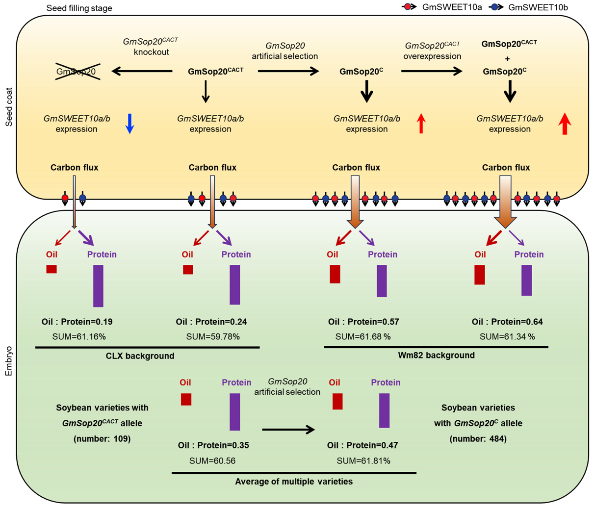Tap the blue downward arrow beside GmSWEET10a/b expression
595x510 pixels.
coord(129,124)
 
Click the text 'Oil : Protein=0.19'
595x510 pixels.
coord(77,322)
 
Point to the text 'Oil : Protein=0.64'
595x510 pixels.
coord(507,322)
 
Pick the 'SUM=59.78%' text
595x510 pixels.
coord(213,337)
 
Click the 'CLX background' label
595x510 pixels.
coord(140,356)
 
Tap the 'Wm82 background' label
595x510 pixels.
coord(436,356)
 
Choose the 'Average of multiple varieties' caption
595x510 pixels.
coord(294,482)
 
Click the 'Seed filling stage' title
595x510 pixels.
coord(79,8)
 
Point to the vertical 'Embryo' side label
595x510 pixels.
coord(9,362)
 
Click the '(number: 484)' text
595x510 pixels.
coord(478,439)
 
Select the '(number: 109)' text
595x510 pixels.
coord(102,439)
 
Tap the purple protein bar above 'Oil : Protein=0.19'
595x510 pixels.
coord(98,286)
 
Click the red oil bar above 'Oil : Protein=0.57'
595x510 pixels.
coord(335,274)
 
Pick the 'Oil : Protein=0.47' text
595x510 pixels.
coord(362,446)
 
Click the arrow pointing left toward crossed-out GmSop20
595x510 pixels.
coord(142,72)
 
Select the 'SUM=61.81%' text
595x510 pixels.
coord(363,461)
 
